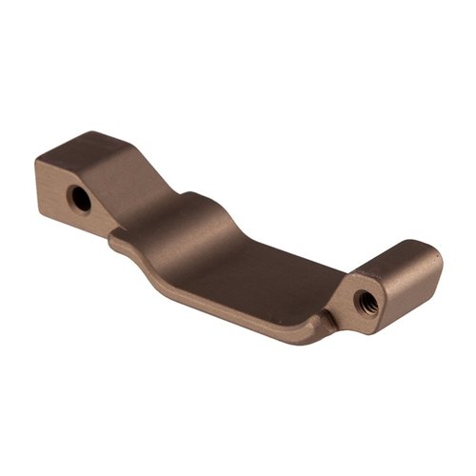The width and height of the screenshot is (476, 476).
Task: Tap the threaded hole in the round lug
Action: coord(364,303)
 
